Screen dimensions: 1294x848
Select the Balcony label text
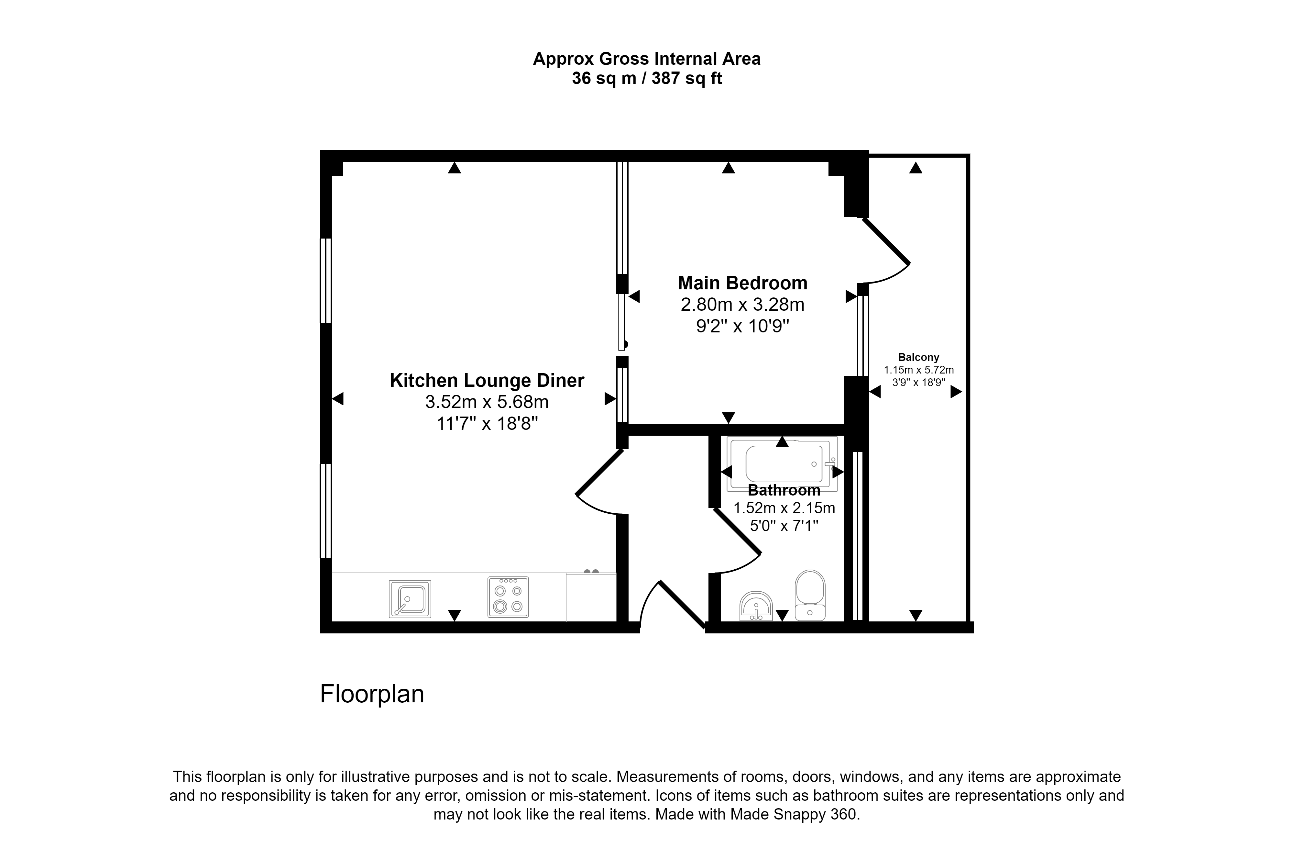click(x=918, y=357)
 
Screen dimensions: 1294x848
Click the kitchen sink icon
click(x=410, y=598)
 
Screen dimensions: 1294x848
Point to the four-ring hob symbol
click(x=508, y=597)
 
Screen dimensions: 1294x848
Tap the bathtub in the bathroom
click(x=782, y=463)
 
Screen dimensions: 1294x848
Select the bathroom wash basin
click(x=756, y=606)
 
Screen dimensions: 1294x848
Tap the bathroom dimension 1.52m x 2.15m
click(x=784, y=508)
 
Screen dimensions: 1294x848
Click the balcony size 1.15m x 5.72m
click(x=918, y=370)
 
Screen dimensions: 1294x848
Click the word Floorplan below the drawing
click(x=372, y=694)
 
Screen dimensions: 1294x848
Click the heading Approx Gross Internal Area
click(x=646, y=59)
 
